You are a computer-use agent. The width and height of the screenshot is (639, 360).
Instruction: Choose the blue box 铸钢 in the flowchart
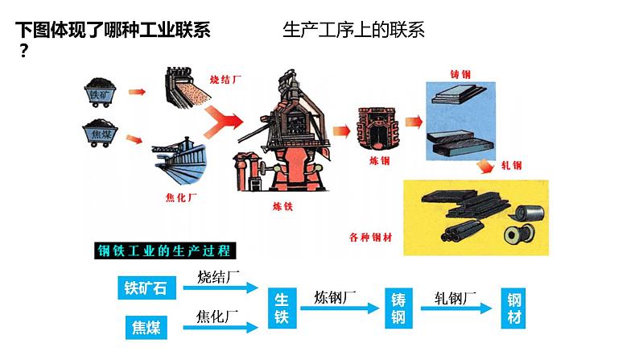[398, 307]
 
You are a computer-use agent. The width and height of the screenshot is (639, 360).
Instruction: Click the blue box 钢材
[515, 307]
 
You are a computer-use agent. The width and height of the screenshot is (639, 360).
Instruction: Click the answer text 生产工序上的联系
[354, 31]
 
